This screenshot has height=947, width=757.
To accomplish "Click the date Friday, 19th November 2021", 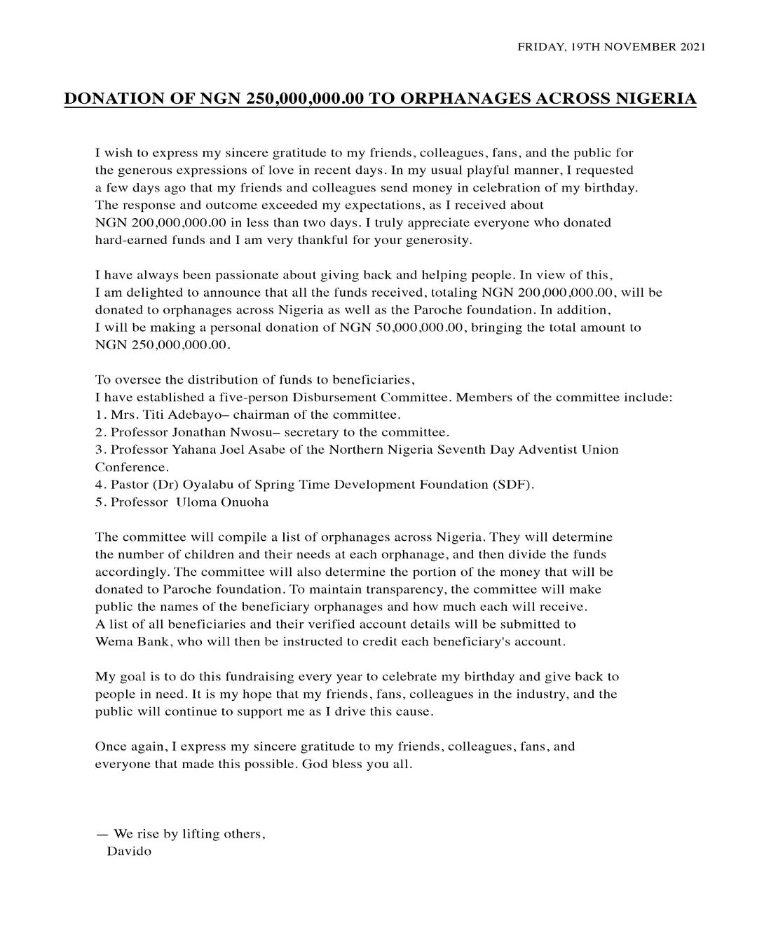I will [x=611, y=47].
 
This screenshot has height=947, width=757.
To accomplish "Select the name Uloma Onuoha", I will [x=221, y=502].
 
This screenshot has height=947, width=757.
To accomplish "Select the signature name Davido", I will [x=129, y=852].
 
